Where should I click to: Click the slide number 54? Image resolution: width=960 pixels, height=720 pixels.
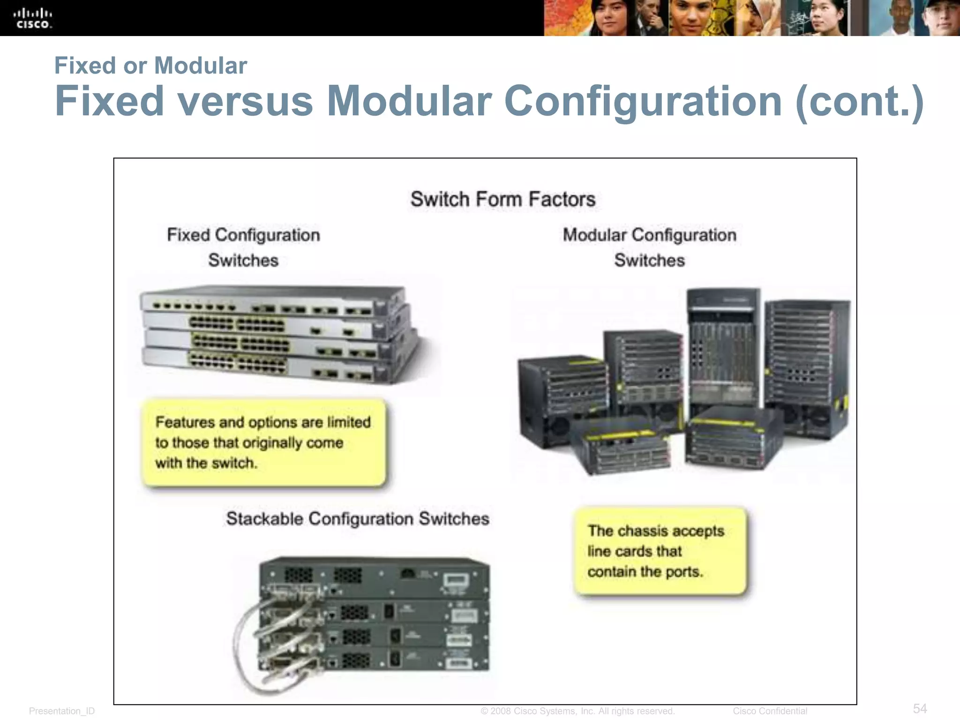coord(920,708)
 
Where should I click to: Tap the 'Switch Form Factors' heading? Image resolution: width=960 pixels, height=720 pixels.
coord(503,199)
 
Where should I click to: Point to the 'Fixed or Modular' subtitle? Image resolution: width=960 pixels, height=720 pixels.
coord(150,66)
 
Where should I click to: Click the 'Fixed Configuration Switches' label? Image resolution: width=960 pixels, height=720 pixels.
coord(243,247)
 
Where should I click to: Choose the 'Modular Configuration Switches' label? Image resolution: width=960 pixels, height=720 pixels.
coord(649,247)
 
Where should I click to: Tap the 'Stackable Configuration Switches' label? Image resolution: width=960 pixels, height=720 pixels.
coord(358,519)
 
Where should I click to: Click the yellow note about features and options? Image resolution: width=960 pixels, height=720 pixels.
coord(263,442)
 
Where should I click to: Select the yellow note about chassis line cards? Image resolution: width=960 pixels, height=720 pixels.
coord(660,551)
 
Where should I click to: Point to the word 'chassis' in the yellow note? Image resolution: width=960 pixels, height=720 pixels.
coord(644,531)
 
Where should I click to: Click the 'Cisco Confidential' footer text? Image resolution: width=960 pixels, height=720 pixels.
coord(770,711)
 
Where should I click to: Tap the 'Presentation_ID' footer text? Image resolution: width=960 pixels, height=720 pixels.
coord(62,711)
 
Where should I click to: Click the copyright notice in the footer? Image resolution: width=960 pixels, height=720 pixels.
coord(577,711)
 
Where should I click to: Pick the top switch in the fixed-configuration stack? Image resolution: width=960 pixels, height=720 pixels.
coord(272,300)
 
